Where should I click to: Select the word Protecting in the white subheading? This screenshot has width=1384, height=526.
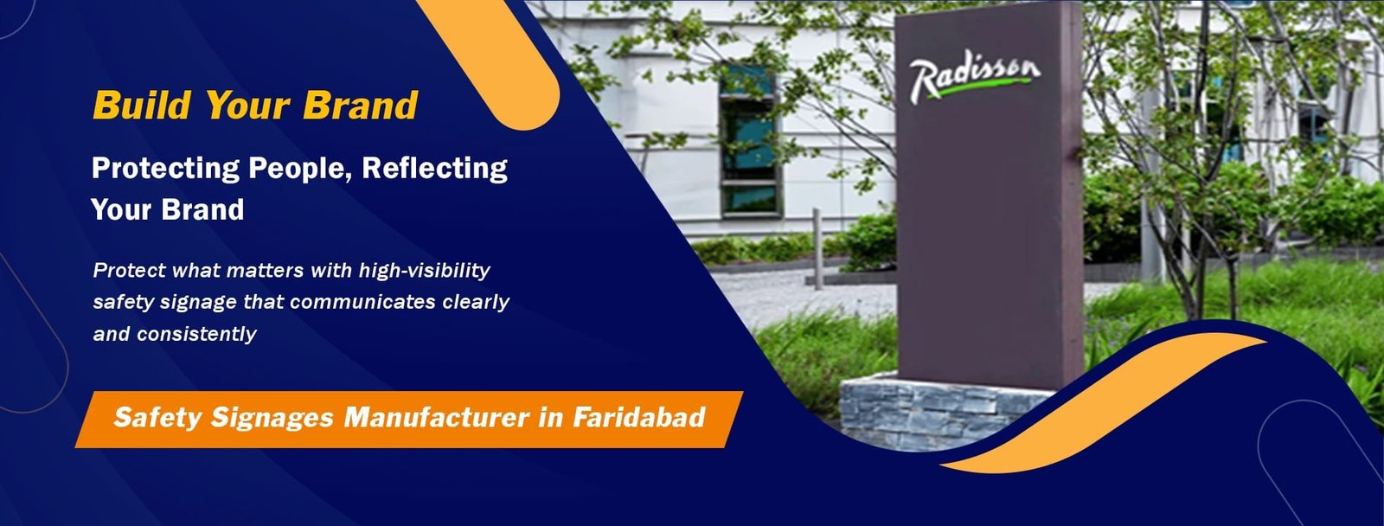pos(165,168)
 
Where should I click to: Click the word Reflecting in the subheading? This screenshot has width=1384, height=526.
pos(434,168)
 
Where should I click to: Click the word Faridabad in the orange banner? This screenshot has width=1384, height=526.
pos(638,418)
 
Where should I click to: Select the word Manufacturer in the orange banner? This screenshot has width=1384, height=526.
pos(436,418)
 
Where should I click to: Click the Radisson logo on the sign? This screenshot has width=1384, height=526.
pos(974,76)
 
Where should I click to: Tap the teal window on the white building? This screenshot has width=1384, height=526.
pos(749,138)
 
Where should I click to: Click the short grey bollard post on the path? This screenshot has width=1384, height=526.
pos(816,247)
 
